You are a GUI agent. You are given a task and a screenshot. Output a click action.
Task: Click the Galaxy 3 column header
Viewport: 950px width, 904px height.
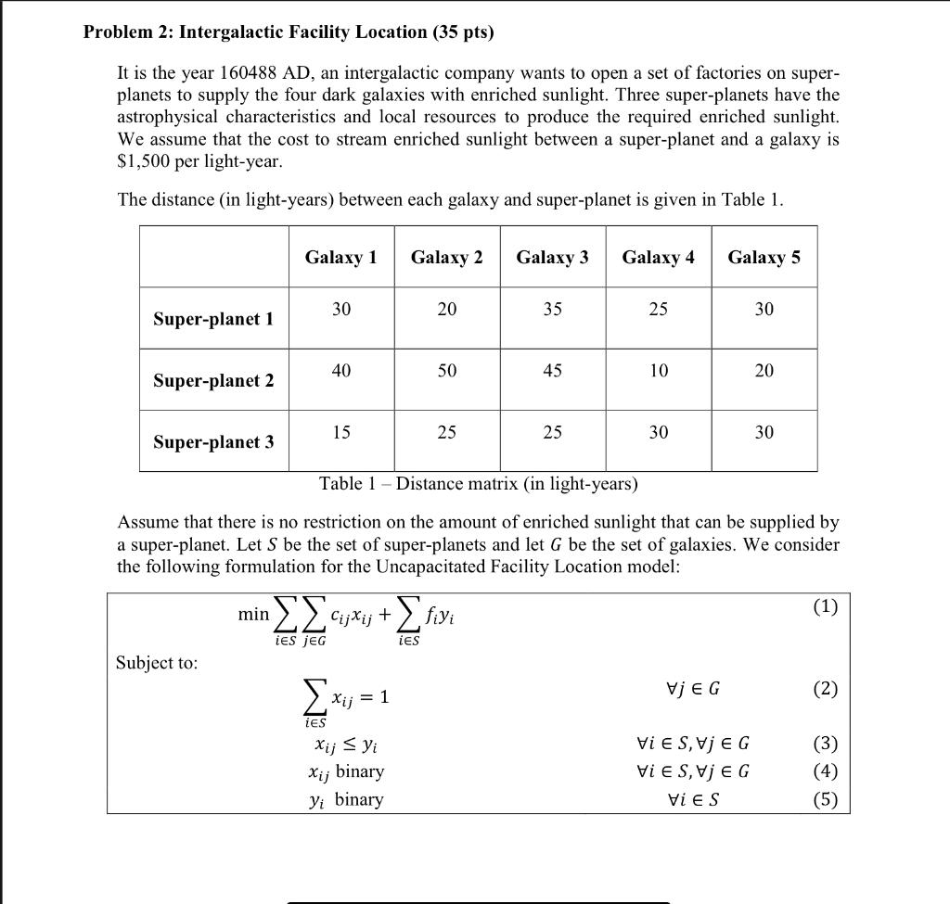tap(552, 257)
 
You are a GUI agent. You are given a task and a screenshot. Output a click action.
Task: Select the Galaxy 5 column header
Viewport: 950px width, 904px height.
tap(764, 257)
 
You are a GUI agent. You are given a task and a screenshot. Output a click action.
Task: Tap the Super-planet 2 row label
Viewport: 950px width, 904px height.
tap(213, 380)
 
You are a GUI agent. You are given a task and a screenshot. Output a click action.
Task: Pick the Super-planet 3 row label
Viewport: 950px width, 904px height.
tap(213, 441)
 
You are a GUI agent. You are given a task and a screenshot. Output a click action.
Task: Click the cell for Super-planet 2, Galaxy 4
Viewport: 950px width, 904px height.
tap(658, 371)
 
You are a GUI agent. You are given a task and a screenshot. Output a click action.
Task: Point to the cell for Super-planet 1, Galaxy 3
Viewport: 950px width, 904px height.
tap(552, 310)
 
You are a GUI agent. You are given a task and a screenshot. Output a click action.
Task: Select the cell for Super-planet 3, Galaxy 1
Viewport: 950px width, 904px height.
tap(341, 432)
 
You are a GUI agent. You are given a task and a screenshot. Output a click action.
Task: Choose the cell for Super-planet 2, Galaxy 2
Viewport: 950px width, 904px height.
tap(447, 371)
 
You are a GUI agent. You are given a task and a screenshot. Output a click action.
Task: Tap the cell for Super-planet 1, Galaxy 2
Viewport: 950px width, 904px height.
tap(447, 310)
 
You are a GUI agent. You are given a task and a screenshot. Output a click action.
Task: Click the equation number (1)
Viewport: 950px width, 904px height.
tap(825, 606)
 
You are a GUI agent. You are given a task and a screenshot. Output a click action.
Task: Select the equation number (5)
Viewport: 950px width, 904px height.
tap(825, 799)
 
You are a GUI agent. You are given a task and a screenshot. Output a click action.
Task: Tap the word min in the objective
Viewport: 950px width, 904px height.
tap(252, 614)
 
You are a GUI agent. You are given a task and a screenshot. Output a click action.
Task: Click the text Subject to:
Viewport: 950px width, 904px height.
tap(157, 662)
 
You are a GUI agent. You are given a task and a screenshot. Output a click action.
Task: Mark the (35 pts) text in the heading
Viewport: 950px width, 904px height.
tap(463, 32)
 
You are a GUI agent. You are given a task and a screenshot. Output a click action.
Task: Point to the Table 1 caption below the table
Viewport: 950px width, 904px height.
tap(478, 484)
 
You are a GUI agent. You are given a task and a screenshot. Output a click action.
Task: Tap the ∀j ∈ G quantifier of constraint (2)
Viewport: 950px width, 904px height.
tap(693, 689)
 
